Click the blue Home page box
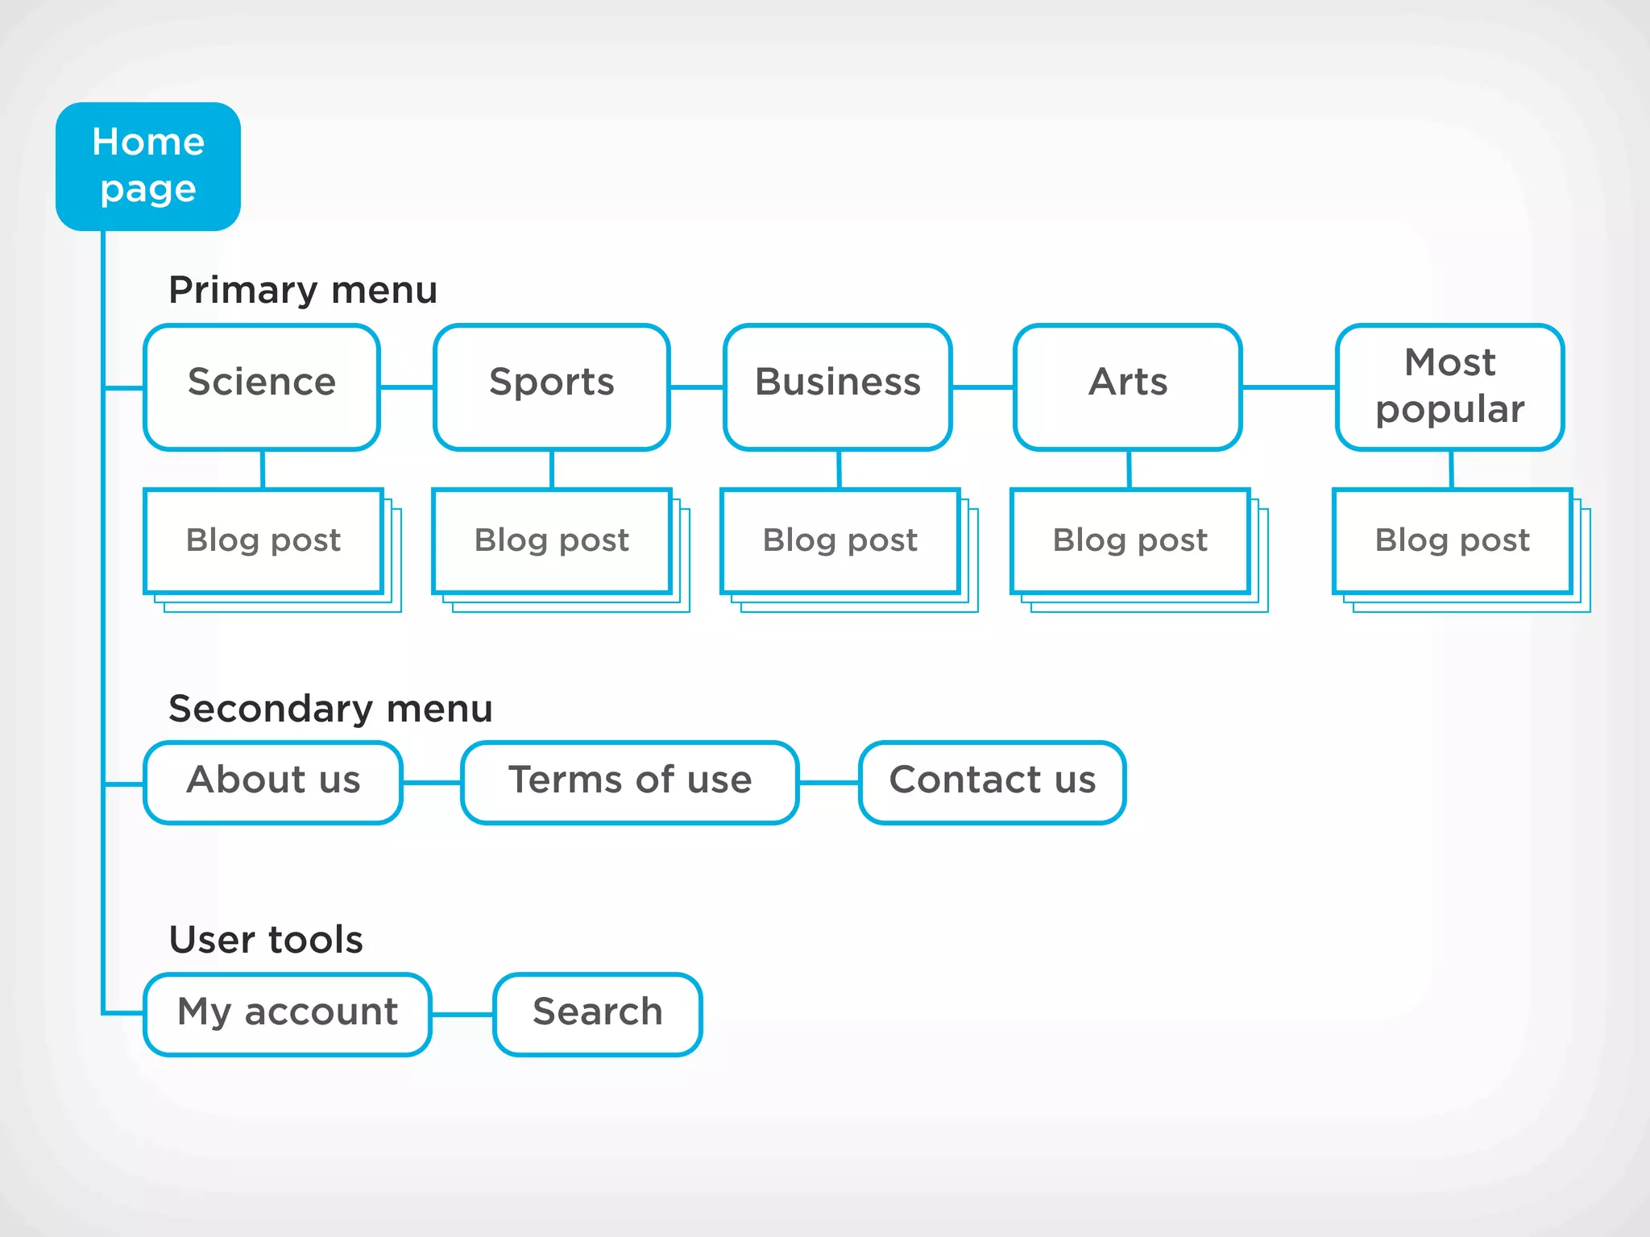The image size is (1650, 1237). click(148, 166)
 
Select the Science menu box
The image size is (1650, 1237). click(262, 387)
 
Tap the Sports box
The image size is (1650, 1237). click(552, 387)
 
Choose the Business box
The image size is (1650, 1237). click(838, 387)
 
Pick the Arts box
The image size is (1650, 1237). click(1128, 387)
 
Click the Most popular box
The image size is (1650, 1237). click(1450, 387)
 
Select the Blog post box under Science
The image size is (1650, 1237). click(263, 540)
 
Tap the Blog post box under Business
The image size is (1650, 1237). click(840, 540)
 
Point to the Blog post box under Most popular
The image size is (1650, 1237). click(1453, 540)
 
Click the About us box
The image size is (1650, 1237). click(273, 782)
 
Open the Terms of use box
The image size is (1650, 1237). click(630, 782)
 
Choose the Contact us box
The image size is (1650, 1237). click(993, 782)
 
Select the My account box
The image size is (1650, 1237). click(288, 1014)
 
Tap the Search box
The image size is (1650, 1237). click(598, 1014)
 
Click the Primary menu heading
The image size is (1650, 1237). click(303, 290)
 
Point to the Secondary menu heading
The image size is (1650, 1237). click(330, 709)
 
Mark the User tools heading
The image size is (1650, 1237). click(266, 940)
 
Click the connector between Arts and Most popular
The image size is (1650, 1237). click(1289, 387)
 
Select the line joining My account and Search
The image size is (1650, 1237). click(462, 1015)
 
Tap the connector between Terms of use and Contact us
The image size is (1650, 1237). click(829, 782)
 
